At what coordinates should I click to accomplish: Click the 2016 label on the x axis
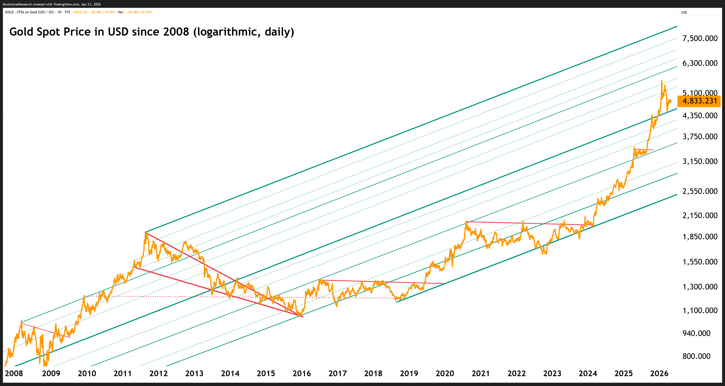pyautogui.click(x=302, y=373)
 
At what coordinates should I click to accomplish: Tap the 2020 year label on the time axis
pyautogui.click(x=445, y=373)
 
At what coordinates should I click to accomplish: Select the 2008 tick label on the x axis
pyautogui.click(x=14, y=373)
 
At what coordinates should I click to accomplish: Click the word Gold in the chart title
pyautogui.click(x=21, y=32)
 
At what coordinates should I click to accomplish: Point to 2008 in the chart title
pyautogui.click(x=176, y=32)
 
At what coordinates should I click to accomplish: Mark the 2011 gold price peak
pyautogui.click(x=146, y=233)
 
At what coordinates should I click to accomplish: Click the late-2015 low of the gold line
pyautogui.click(x=300, y=315)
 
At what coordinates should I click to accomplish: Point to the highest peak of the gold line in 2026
pyautogui.click(x=662, y=81)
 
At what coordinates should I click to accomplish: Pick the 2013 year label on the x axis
pyautogui.click(x=194, y=373)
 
